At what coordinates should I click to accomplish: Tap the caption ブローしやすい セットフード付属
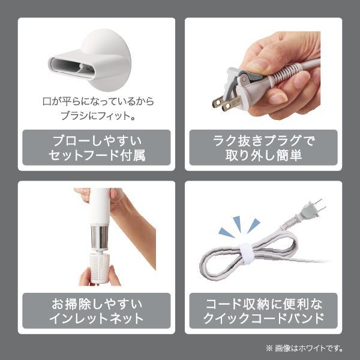[x=97, y=148]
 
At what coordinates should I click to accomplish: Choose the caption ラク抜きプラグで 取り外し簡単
[x=263, y=148]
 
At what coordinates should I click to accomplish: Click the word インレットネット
[x=97, y=318]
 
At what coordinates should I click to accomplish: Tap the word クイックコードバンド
[x=263, y=318]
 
